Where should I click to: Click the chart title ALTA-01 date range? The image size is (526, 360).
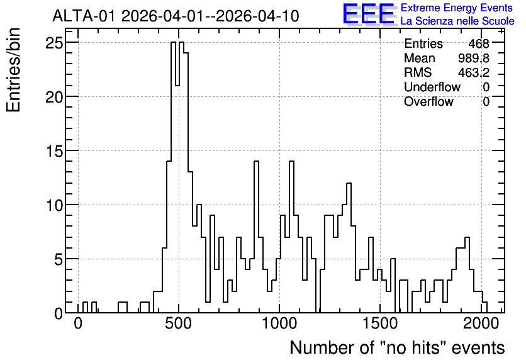coord(176,16)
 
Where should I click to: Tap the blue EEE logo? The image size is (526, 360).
coord(368,14)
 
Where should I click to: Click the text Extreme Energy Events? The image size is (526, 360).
coord(457,8)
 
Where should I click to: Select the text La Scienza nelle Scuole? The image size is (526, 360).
coord(457,21)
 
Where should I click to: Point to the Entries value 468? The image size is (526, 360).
coord(479,43)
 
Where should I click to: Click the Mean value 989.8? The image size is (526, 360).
coord(474,58)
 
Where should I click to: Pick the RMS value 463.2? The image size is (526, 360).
coord(474,72)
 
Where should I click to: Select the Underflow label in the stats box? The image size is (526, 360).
coord(432,87)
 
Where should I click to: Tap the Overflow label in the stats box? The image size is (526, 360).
coord(428,101)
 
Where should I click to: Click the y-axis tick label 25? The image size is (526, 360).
coord(54,43)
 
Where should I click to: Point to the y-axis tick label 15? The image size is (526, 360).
coord(54,151)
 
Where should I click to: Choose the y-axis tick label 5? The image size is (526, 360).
coord(59,259)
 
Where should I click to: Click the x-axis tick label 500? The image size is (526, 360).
coord(179,323)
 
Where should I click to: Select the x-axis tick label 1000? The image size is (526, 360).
coord(279,323)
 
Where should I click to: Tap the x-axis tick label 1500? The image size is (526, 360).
coord(380,323)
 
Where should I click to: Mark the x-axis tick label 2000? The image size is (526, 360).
coord(481,323)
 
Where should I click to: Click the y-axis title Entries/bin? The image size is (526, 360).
coord(13,70)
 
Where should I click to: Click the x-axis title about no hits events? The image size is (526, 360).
coord(397,347)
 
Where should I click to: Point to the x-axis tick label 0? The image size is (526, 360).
coord(78,323)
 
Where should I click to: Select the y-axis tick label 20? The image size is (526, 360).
coord(54,97)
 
